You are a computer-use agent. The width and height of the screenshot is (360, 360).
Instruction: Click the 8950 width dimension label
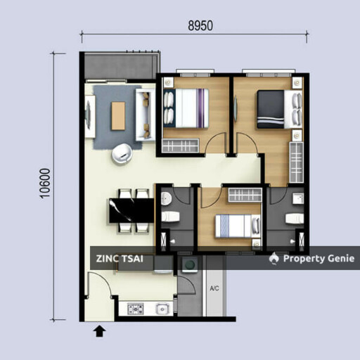200,26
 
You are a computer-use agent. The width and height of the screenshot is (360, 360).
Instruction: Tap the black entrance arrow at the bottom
100,330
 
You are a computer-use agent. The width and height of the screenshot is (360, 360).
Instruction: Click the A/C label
214,289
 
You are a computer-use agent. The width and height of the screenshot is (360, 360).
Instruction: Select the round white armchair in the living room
123,153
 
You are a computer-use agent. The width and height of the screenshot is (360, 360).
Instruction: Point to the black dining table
130,210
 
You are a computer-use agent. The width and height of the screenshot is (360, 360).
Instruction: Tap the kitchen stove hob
135,308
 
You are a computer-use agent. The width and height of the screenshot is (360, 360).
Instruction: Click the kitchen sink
162,308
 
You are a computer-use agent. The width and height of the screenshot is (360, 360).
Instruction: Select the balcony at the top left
117,67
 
